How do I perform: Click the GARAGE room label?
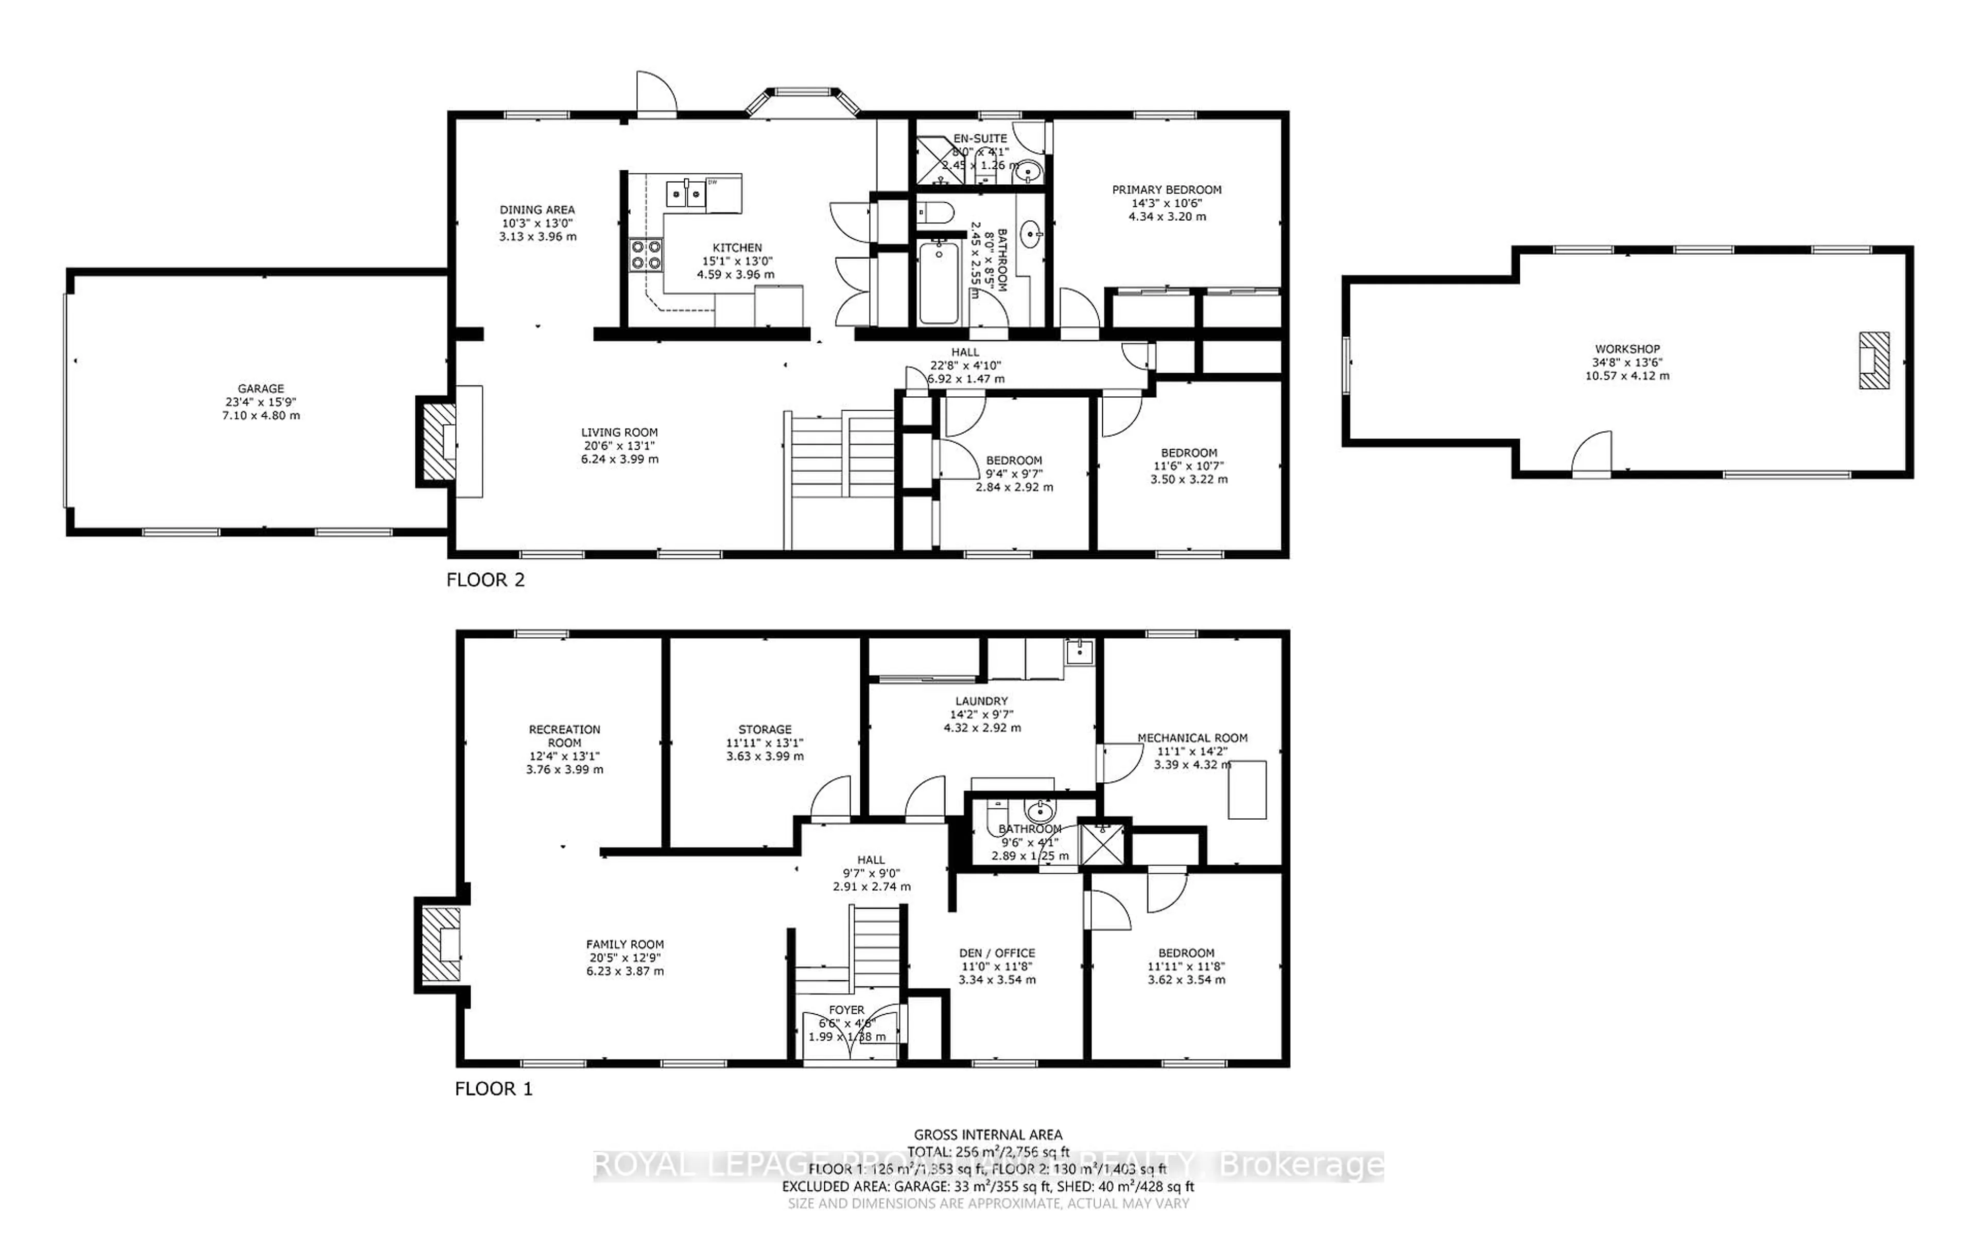point(261,389)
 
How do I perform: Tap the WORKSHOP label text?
point(1627,348)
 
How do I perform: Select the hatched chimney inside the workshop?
point(1874,360)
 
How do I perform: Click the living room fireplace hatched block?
point(436,442)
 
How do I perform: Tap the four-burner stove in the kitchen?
point(645,254)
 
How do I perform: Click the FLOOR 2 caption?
point(485,580)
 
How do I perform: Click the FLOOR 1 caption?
point(493,1089)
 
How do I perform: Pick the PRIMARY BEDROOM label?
point(1167,189)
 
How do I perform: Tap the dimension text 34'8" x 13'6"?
point(1627,362)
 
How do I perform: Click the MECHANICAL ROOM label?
point(1192,738)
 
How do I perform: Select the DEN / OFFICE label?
point(997,953)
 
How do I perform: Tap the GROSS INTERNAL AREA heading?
point(987,1135)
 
